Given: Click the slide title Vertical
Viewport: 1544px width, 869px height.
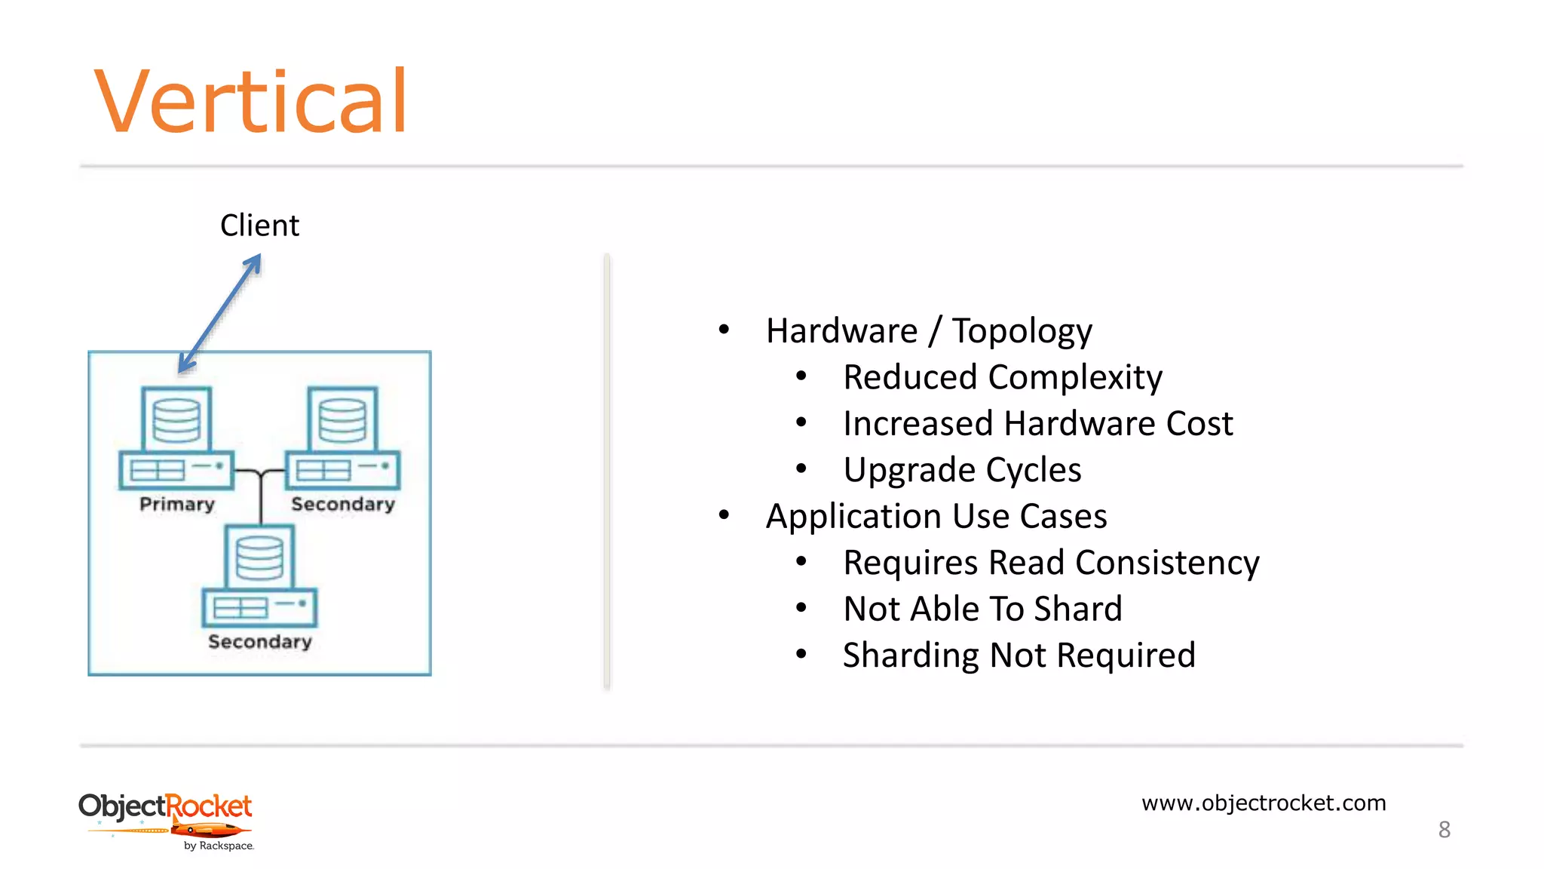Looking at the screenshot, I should tap(250, 102).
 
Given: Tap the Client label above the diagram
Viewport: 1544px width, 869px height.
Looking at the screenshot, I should tap(259, 226).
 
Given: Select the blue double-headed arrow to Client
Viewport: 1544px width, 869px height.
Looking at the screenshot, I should tap(220, 313).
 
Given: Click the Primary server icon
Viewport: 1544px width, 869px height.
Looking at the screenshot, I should tap(176, 438).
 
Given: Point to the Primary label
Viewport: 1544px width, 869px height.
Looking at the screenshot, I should tap(177, 504).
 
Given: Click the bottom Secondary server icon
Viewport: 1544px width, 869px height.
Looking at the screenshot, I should tap(259, 576).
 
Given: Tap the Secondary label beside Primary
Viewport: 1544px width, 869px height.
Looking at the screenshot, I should tap(343, 504).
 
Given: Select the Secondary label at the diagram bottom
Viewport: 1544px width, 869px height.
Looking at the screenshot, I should tap(259, 641).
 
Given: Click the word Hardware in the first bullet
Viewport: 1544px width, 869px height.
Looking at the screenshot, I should tap(841, 331).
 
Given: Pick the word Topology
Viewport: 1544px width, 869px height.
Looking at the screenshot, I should tap(1022, 331).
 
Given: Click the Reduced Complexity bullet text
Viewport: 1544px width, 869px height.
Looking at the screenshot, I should tap(1002, 377).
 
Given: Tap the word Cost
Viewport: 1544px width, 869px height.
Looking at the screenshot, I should tap(1199, 423).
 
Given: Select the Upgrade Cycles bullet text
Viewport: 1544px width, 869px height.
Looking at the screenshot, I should tap(962, 470).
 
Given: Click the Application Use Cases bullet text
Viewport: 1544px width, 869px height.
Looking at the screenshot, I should tap(936, 517).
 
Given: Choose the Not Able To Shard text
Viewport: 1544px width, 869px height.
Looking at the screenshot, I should tap(982, 609).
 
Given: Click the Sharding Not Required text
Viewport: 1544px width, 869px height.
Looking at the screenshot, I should tap(1019, 655).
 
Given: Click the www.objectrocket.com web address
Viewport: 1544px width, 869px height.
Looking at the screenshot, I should tap(1264, 803).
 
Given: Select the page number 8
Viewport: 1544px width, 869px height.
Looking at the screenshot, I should tap(1444, 830).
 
